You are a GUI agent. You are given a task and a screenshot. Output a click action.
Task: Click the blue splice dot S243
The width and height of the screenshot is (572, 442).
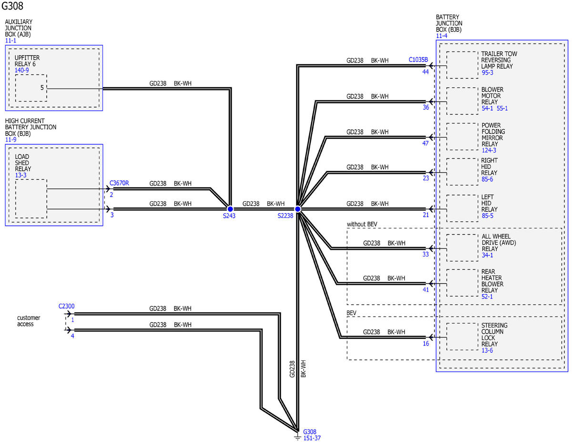click(230, 209)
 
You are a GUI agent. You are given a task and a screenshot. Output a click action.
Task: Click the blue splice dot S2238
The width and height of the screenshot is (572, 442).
click(297, 209)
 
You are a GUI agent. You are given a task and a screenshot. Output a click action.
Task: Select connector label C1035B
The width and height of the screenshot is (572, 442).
click(418, 60)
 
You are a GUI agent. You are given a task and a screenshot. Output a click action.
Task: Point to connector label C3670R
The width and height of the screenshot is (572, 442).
click(119, 183)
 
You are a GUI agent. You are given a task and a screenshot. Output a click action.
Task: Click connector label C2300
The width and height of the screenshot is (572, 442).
click(66, 306)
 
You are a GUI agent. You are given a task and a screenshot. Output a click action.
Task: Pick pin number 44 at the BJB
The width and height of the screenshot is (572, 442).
click(425, 72)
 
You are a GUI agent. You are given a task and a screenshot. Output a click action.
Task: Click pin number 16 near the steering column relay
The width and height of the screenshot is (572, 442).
click(426, 343)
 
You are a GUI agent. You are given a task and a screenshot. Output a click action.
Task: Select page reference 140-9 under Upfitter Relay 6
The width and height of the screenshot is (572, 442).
click(21, 70)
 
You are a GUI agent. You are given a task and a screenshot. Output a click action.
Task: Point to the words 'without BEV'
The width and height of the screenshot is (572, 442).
click(362, 224)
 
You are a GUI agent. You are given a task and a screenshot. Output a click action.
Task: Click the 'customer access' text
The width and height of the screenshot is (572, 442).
click(29, 320)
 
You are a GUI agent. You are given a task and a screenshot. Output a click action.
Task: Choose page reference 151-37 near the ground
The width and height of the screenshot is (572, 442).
click(312, 438)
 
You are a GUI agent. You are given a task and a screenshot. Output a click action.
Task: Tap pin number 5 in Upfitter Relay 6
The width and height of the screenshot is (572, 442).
click(42, 88)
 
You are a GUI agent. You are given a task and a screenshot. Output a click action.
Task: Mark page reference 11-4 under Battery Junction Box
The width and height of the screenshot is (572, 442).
click(441, 36)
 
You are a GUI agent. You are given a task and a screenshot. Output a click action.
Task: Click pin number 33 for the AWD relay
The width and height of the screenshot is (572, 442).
click(425, 254)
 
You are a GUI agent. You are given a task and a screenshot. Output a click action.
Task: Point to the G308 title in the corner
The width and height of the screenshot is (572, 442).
click(12, 6)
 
